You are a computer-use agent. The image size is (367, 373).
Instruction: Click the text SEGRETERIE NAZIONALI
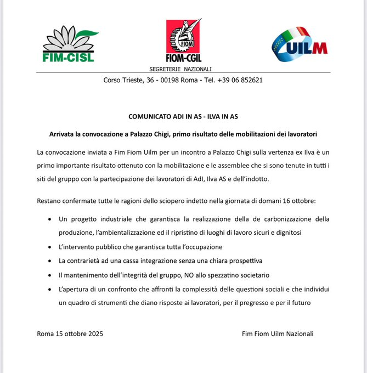(x=180, y=69)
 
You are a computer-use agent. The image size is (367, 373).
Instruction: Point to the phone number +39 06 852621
(x=240, y=80)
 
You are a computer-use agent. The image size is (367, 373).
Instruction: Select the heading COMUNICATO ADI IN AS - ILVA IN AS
(x=183, y=116)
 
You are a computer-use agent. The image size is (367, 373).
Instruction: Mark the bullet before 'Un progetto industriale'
(x=50, y=219)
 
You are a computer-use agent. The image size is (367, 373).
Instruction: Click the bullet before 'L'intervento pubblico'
(x=50, y=247)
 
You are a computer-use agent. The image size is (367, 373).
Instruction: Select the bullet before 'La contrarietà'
(x=50, y=261)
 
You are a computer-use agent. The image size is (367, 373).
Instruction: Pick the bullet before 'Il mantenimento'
(x=50, y=274)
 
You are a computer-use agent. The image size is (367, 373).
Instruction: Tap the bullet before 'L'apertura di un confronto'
(x=50, y=289)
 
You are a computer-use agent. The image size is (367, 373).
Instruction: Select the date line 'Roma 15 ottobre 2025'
(x=70, y=334)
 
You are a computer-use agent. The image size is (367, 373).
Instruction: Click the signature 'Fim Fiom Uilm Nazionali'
(x=278, y=334)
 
